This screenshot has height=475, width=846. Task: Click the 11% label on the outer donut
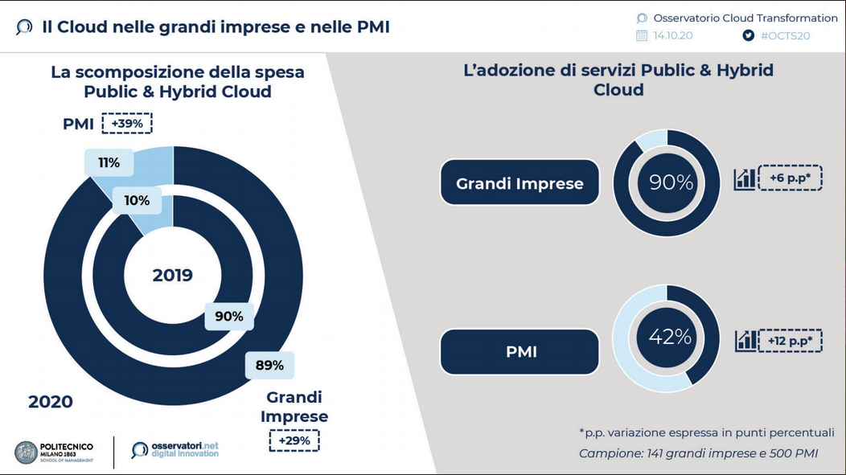coord(109,162)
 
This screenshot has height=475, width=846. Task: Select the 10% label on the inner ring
coord(137,201)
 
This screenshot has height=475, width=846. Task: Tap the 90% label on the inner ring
coord(229,316)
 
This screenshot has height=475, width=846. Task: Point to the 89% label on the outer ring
coord(269,365)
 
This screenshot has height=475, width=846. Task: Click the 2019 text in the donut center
coord(173,275)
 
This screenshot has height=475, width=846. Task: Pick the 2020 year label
coord(50,402)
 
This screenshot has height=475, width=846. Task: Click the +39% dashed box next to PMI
coord(127,124)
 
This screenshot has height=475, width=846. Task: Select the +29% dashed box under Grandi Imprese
coord(294,440)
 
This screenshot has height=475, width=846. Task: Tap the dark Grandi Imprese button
coord(520,182)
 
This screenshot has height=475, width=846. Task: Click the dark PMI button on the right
coord(520,351)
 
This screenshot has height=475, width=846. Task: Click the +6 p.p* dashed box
coord(791,178)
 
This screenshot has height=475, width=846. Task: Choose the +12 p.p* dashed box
coord(791,341)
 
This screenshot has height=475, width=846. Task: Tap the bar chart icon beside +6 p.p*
coord(745,179)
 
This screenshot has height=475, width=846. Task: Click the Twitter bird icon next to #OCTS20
coord(749,35)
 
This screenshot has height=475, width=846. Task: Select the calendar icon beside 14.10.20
coord(642,35)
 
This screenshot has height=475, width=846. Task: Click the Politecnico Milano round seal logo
coord(26,452)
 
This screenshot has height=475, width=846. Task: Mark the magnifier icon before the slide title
coord(24,27)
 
